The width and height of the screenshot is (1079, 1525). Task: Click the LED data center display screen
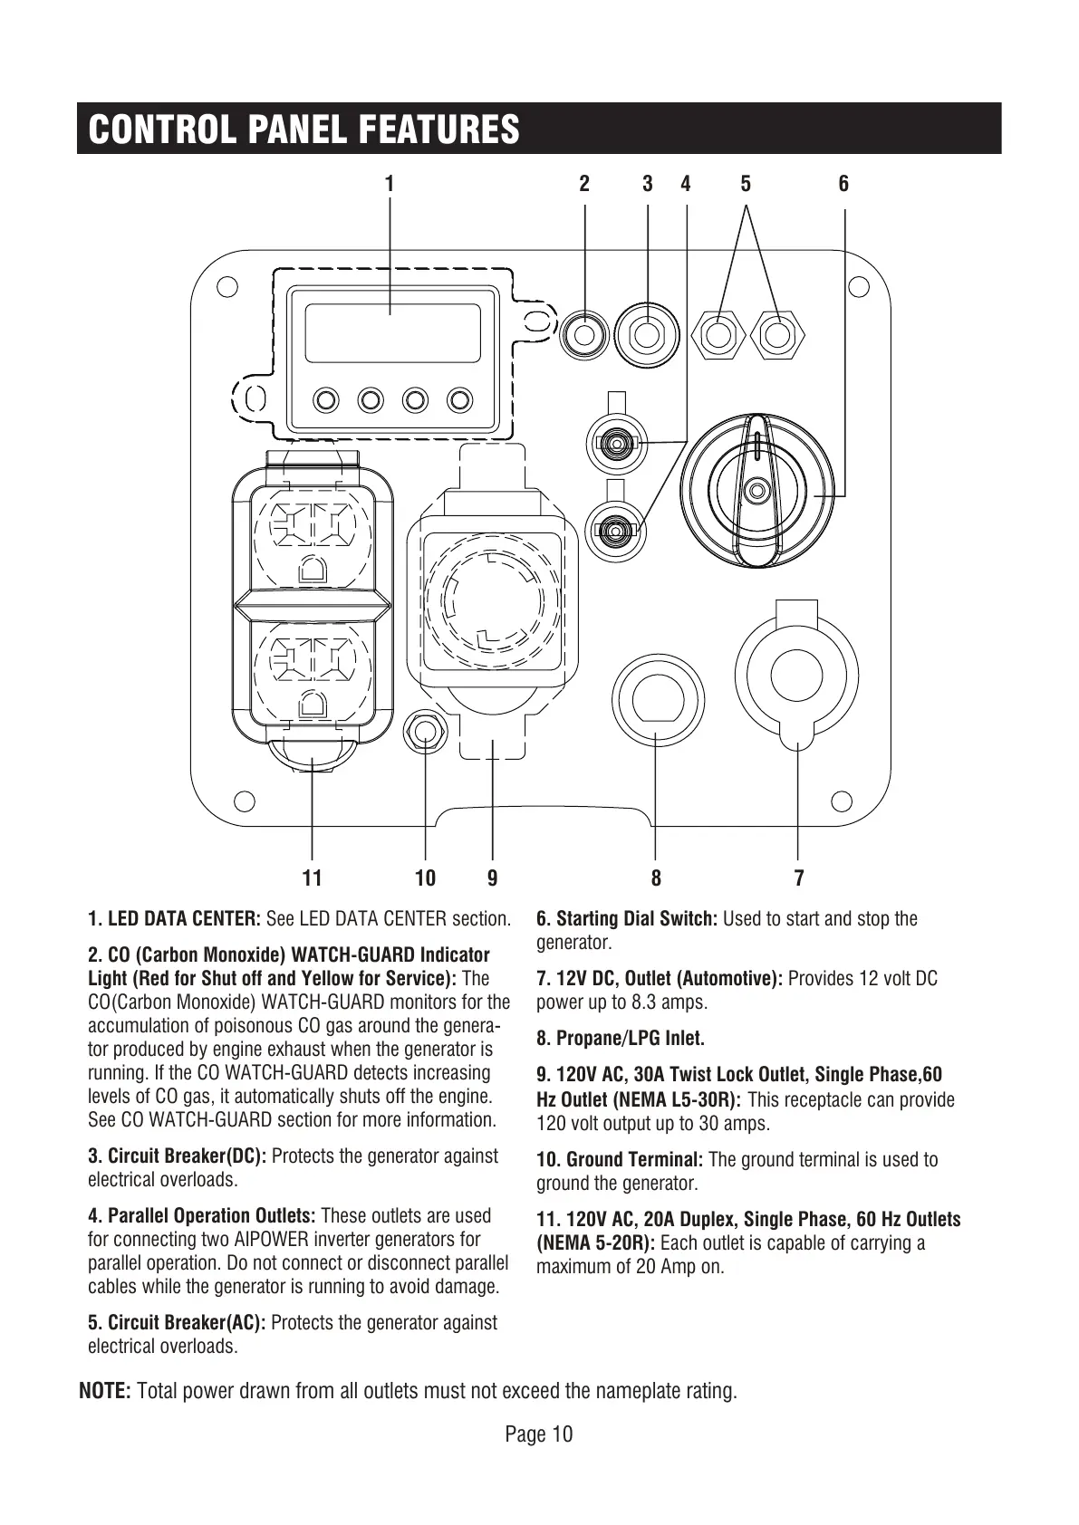(391, 332)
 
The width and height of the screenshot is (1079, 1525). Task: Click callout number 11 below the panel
(312, 878)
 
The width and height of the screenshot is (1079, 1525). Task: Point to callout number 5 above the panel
(746, 184)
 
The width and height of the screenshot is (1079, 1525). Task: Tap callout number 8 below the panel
(656, 878)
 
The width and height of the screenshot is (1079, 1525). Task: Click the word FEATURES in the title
(438, 129)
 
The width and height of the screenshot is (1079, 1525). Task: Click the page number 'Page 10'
(539, 1434)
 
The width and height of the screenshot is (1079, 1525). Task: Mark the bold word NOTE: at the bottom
(106, 1390)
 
